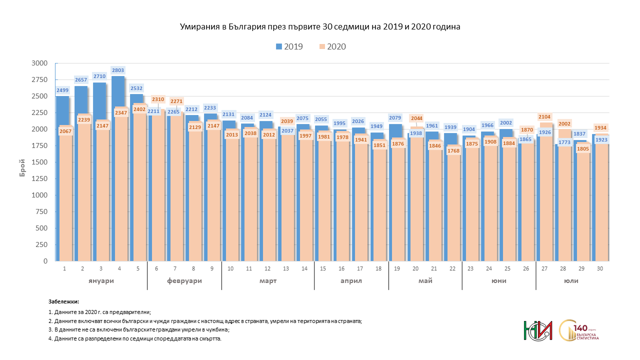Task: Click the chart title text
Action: click(x=320, y=27)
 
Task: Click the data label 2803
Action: click(x=118, y=70)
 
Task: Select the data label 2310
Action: click(x=158, y=99)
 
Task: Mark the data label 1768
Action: click(x=454, y=151)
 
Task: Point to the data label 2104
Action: click(x=544, y=117)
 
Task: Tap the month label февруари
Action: click(x=184, y=281)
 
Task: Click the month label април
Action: click(x=351, y=281)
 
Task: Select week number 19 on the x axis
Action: click(x=397, y=268)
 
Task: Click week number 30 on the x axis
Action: click(x=600, y=268)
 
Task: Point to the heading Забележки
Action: click(x=63, y=302)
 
